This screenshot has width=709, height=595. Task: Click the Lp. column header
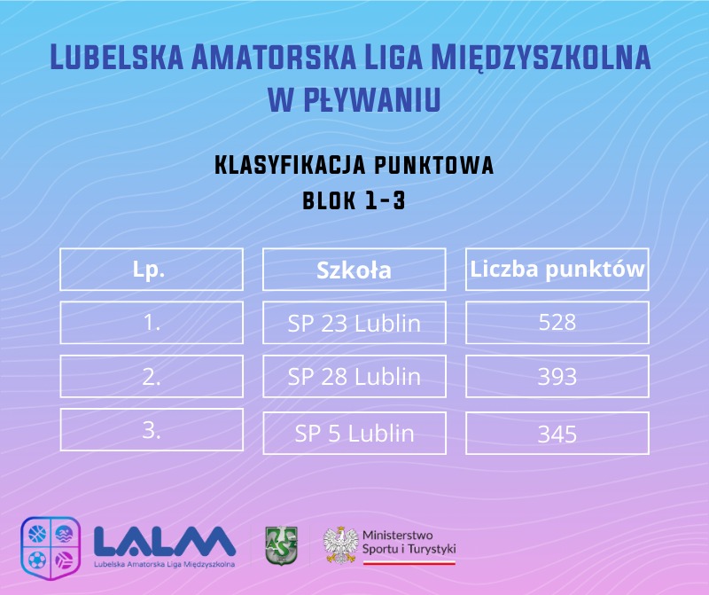152,270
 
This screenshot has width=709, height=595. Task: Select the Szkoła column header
354,270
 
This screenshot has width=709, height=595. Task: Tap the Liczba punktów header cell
557,270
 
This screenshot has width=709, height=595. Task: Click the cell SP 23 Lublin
354,323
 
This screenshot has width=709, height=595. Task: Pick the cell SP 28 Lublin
354,377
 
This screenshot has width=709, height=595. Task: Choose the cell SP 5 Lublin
354,433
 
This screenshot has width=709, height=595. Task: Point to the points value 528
557,323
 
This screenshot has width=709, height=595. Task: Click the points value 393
557,377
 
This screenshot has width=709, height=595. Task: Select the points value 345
557,433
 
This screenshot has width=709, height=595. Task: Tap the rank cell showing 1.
152,323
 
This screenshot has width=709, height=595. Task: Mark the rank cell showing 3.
152,430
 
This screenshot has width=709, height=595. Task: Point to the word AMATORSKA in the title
274,57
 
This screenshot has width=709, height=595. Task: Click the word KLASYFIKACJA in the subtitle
290,165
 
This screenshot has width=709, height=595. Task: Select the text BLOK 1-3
354,200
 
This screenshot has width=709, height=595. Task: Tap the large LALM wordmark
165,541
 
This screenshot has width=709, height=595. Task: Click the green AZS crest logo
281,545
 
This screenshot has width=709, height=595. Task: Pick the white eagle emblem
340,544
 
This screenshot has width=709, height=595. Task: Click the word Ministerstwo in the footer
397,536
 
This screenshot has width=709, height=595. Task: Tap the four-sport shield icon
51,548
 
